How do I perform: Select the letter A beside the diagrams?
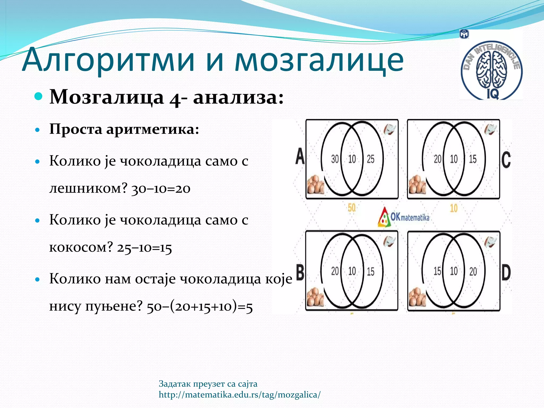click(300, 156)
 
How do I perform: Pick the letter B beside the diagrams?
click(300, 272)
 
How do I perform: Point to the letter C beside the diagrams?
click(506, 160)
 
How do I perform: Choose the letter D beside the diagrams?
click(506, 273)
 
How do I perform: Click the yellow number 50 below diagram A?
click(351, 208)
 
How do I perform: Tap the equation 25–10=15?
click(144, 248)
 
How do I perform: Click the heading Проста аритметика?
click(124, 130)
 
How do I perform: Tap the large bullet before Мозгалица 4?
click(39, 96)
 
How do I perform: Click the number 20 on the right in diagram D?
click(473, 271)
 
